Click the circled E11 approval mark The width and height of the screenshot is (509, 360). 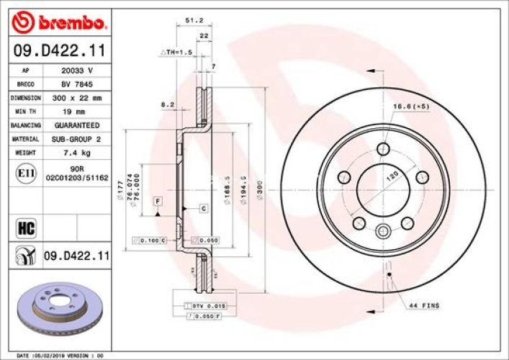point(22,174)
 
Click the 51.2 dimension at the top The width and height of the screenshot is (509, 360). point(192,20)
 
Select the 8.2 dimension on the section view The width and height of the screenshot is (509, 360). point(167,104)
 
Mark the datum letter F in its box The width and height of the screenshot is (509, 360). point(156,199)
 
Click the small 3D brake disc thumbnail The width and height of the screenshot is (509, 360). point(60,305)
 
